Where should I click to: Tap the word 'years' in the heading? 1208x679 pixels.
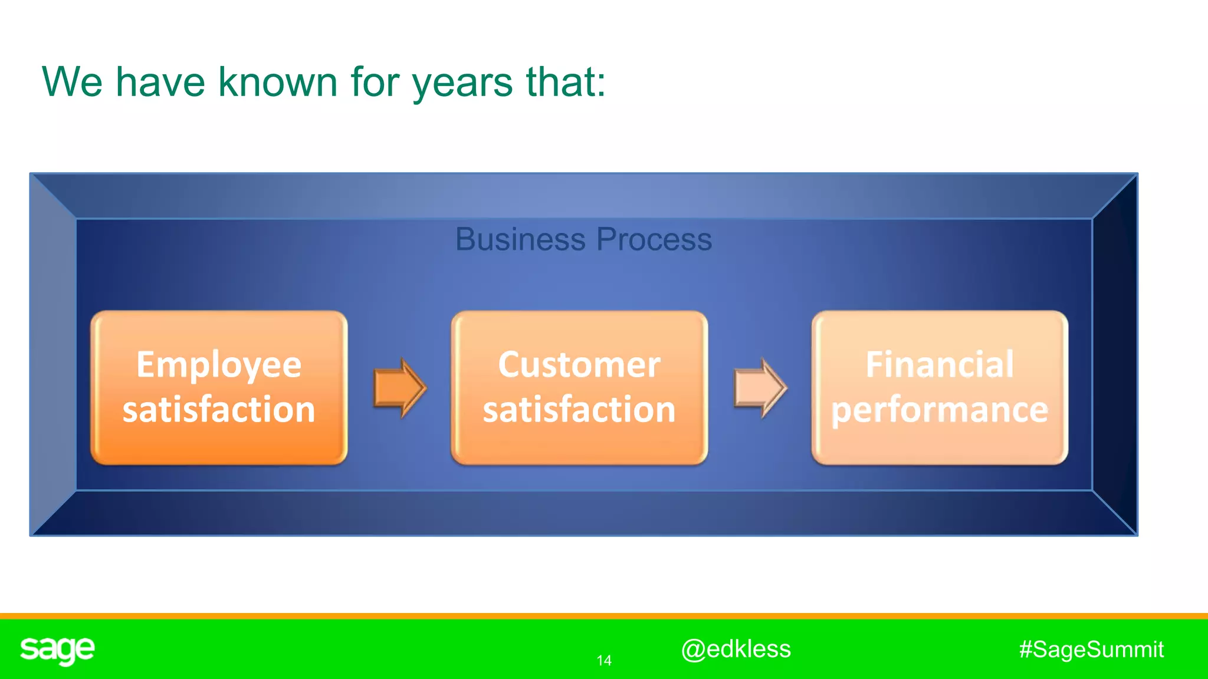(462, 83)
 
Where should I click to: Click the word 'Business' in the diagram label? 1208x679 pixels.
(520, 239)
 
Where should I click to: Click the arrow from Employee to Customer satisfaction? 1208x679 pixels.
(400, 388)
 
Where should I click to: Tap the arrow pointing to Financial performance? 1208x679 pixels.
(760, 388)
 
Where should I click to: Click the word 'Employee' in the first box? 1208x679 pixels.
(219, 365)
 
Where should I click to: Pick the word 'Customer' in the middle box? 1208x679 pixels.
(579, 365)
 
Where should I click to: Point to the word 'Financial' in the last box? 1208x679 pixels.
(940, 365)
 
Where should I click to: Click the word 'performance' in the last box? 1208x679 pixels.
(940, 410)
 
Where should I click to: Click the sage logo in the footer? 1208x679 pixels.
(57, 650)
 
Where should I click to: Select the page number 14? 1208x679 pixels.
(604, 661)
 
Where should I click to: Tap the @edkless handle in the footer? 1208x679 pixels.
(736, 649)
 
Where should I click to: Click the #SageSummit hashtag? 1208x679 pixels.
(1091, 650)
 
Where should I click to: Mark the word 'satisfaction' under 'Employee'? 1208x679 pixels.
(219, 410)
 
